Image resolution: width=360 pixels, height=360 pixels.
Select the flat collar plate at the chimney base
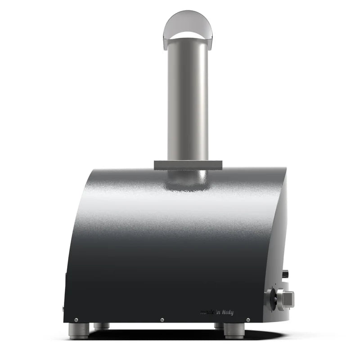tap(188, 165)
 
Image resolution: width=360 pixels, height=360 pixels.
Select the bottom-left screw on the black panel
tap(76, 320)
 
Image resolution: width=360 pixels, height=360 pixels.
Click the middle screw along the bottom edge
tap(162, 320)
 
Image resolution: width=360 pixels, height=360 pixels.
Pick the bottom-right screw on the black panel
tap(248, 320)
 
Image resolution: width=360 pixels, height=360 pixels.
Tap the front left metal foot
tap(78, 331)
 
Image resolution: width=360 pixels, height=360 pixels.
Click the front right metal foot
tap(234, 331)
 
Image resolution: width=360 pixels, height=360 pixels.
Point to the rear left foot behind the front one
tap(101, 326)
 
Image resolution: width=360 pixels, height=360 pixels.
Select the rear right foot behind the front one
tap(219, 326)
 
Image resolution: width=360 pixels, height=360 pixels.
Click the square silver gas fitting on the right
tap(285, 298)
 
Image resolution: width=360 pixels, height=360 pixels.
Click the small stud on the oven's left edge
tap(63, 309)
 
